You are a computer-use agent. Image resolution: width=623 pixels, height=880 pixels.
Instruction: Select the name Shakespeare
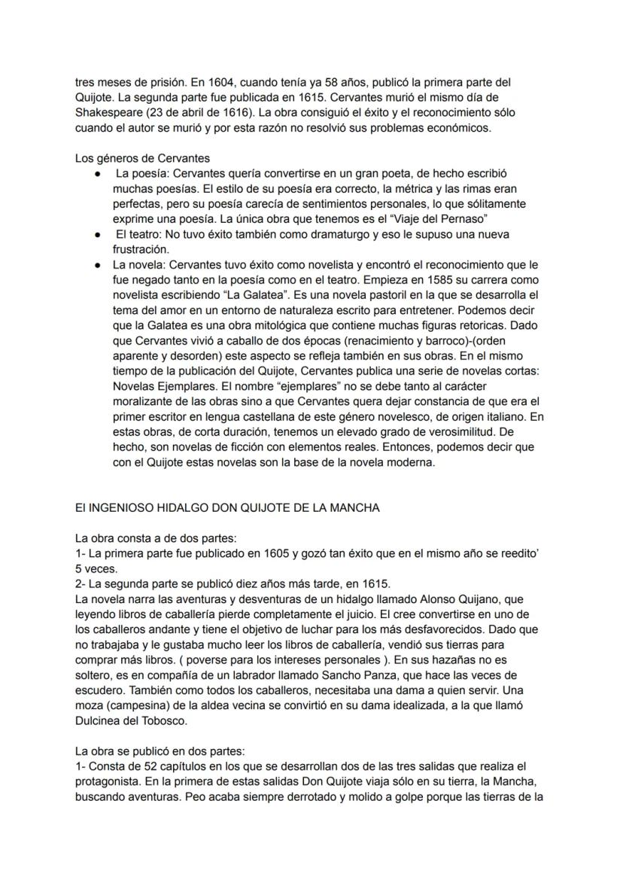pos(108,112)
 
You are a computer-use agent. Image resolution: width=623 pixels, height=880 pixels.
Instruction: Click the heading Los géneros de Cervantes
pos(142,158)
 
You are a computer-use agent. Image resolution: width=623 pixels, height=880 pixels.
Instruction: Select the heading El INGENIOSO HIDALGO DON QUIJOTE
pos(227,508)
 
